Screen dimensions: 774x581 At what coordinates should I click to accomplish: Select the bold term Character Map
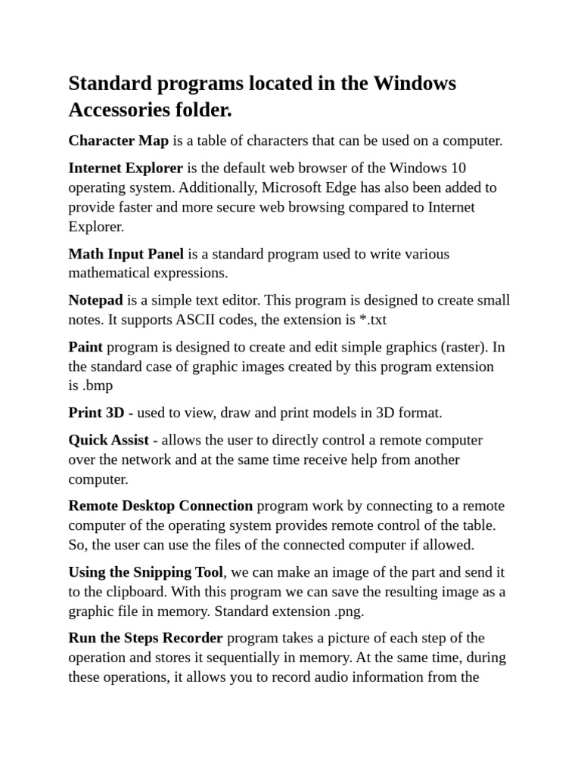(118, 141)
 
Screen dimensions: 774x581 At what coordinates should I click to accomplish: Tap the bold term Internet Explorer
(126, 168)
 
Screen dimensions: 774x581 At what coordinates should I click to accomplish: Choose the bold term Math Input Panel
(126, 254)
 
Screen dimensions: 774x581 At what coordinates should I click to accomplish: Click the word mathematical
(110, 273)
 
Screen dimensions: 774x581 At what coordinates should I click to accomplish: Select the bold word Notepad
(95, 300)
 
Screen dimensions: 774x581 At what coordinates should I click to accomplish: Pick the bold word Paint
(85, 347)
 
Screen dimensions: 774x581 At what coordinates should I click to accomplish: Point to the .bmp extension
(97, 385)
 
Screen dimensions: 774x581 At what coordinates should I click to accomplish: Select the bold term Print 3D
(96, 413)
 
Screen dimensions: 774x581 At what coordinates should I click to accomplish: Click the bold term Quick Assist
(109, 440)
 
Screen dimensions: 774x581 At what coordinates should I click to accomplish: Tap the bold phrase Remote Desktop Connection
(160, 506)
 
